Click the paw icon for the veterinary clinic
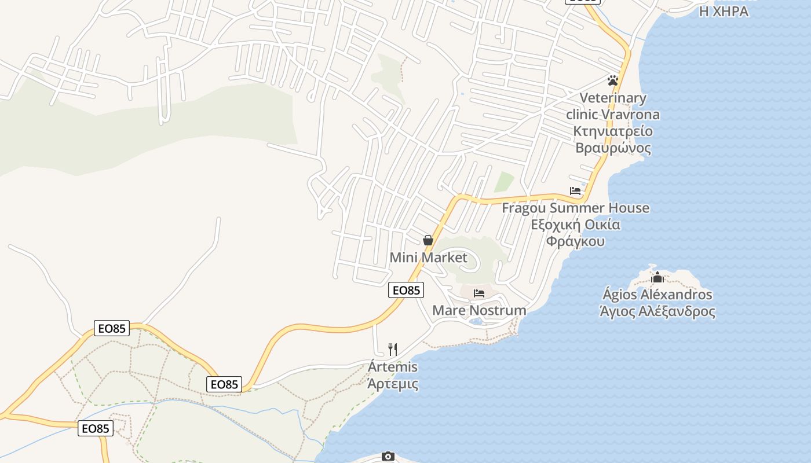tap(613, 80)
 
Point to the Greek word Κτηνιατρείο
tap(613, 131)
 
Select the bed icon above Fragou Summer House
tap(575, 190)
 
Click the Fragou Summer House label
tap(575, 208)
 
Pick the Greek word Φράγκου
tap(575, 241)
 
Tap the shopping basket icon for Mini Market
tap(428, 240)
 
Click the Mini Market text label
tap(428, 258)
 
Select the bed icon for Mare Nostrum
tap(479, 293)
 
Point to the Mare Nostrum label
tap(479, 310)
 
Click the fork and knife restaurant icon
tap(393, 349)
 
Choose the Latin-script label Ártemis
tap(393, 367)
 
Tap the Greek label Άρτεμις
tap(393, 383)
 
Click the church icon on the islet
tap(657, 278)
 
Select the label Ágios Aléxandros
tap(657, 295)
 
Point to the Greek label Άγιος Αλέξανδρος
tap(657, 311)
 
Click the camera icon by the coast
tap(388, 457)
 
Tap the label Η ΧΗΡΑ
tap(724, 11)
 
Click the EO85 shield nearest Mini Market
tap(406, 290)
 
